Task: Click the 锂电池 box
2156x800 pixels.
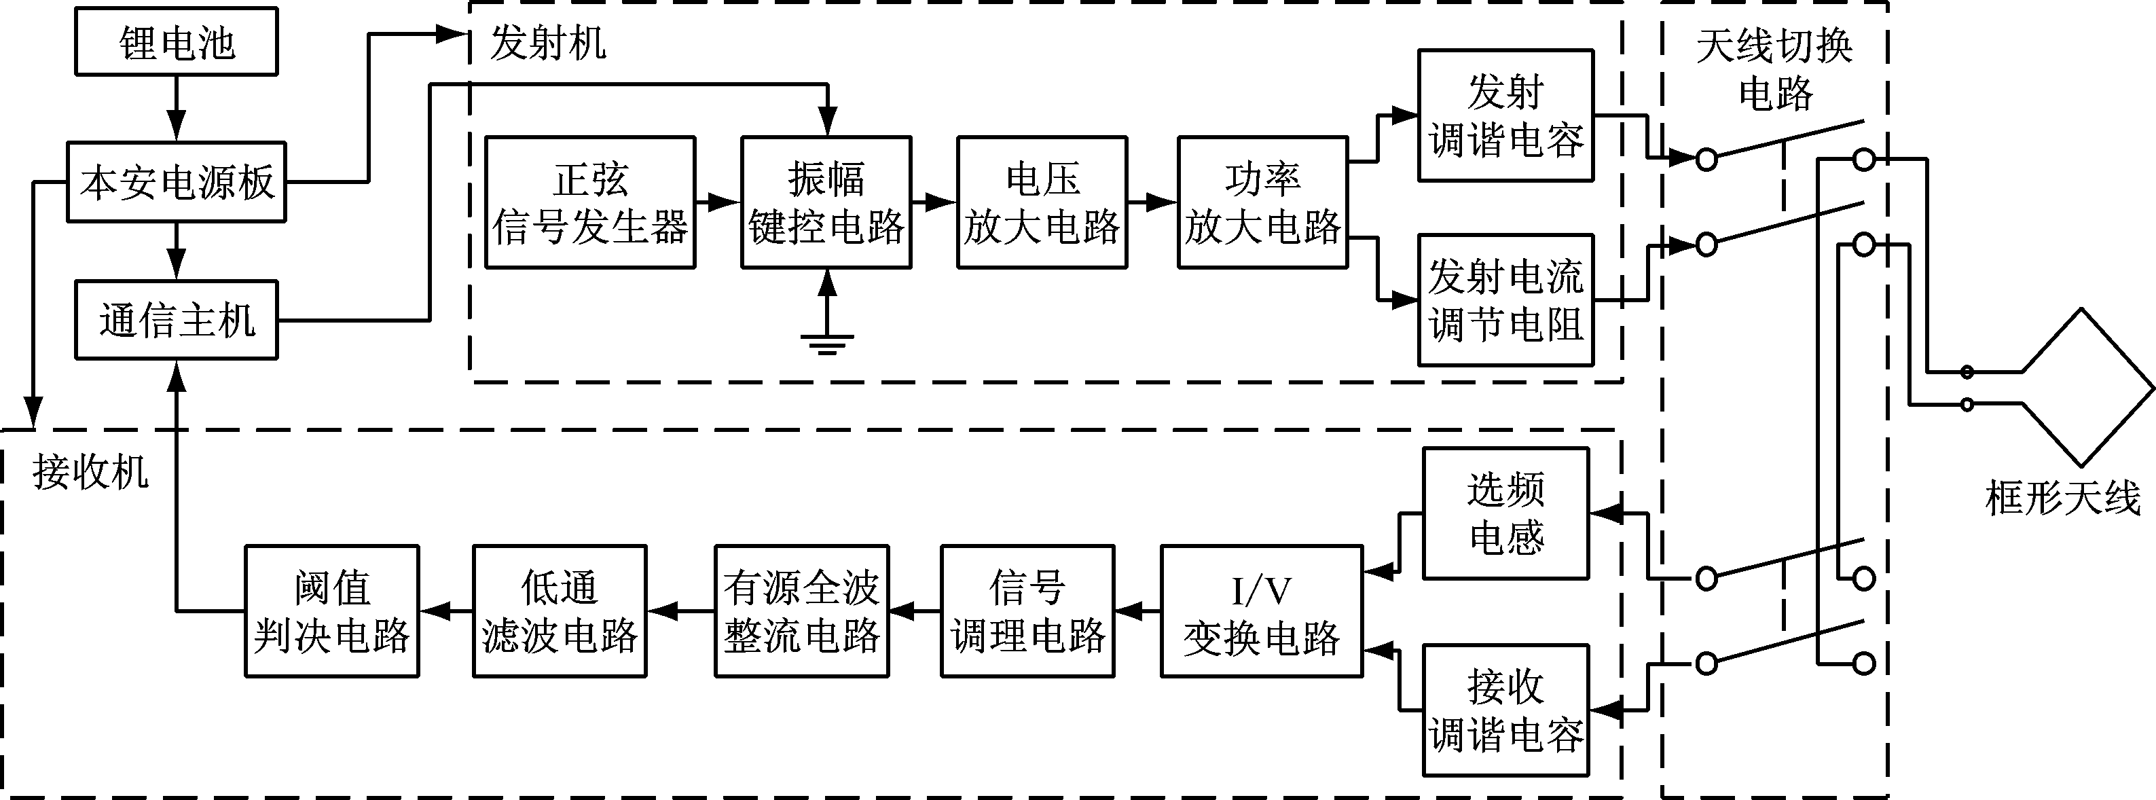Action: coord(176,42)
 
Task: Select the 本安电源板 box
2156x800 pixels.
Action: coord(176,181)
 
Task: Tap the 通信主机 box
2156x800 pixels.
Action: coord(176,321)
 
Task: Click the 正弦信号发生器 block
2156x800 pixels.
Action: coord(590,202)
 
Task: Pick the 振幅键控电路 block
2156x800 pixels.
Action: coord(826,202)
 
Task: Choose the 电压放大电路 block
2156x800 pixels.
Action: coord(1042,202)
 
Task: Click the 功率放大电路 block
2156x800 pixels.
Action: coord(1262,202)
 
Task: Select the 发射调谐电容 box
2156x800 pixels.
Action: coord(1505,115)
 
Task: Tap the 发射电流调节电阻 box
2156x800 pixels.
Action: coord(1505,299)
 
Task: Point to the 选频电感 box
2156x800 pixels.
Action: coord(1505,513)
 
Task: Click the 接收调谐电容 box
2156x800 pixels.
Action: coord(1505,710)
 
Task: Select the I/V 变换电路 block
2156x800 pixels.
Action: coord(1261,612)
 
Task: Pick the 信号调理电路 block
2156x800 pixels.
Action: coord(1027,612)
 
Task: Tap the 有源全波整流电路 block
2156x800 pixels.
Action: coord(801,612)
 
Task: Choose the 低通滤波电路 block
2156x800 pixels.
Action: coord(559,612)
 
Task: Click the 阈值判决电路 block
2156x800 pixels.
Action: coord(331,612)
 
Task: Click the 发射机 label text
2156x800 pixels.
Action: coord(548,42)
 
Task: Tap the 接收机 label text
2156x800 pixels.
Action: coord(90,472)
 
